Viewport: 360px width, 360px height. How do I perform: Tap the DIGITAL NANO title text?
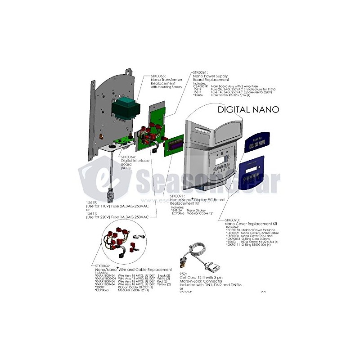pyautogui.click(x=248, y=109)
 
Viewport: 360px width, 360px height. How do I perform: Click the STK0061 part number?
pyautogui.click(x=201, y=72)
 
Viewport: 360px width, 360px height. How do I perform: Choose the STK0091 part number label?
pyautogui.click(x=178, y=196)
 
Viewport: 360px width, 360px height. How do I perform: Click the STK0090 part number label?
pyautogui.click(x=234, y=220)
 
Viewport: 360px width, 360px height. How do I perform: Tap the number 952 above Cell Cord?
pyautogui.click(x=183, y=273)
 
